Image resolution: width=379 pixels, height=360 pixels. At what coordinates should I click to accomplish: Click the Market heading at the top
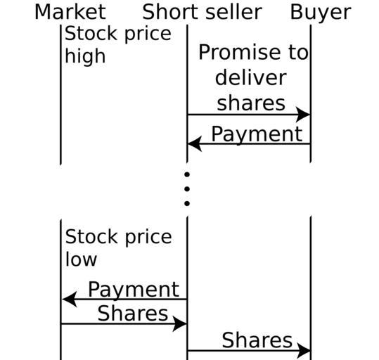pos(70,12)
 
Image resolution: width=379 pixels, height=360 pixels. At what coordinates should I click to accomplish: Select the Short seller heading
pos(202,12)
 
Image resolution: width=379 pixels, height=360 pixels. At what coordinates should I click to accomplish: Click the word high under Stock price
pos(85,56)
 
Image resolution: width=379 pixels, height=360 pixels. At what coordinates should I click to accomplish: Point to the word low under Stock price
pos(81,259)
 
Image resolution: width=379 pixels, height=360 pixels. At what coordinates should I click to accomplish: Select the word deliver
pos(250,78)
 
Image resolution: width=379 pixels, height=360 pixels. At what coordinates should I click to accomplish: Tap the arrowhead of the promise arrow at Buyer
pos(303,115)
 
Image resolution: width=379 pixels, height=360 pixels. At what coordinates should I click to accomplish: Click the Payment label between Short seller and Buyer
pos(257,134)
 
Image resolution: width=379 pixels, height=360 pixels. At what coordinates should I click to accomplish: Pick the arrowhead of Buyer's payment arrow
pos(195,143)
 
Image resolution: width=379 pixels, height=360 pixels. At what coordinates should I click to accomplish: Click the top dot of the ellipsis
pos(186,174)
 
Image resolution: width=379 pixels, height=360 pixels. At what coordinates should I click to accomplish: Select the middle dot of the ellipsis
pos(186,189)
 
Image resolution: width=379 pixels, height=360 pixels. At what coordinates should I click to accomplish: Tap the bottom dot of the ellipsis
pos(186,204)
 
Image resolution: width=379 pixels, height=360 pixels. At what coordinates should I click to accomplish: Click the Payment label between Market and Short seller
pos(134,290)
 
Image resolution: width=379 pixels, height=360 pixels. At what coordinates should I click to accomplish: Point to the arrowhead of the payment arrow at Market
pos(70,300)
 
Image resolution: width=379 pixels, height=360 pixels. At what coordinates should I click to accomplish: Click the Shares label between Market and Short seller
pos(133,313)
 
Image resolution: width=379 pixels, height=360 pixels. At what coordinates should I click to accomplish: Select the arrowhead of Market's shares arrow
pos(179,323)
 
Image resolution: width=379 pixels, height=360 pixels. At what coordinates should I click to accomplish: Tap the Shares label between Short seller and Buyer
pos(257,340)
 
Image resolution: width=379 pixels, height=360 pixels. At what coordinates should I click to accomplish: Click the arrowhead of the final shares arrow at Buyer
pos(304,350)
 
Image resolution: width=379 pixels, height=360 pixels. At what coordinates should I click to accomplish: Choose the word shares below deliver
pos(251,103)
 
